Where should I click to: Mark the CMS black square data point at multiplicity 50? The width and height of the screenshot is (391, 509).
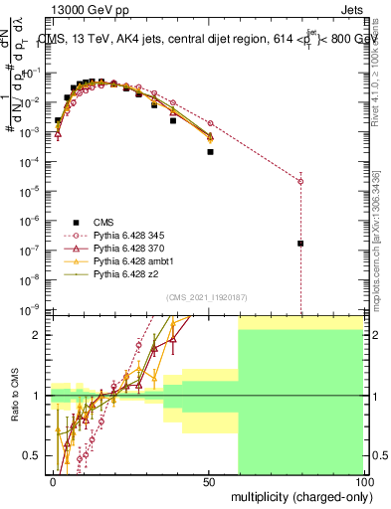click(210, 152)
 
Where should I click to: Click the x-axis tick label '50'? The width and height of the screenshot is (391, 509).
click(208, 480)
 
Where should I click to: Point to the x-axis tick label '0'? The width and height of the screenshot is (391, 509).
click(54, 480)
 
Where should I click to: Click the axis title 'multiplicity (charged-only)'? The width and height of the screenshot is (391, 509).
click(298, 495)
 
